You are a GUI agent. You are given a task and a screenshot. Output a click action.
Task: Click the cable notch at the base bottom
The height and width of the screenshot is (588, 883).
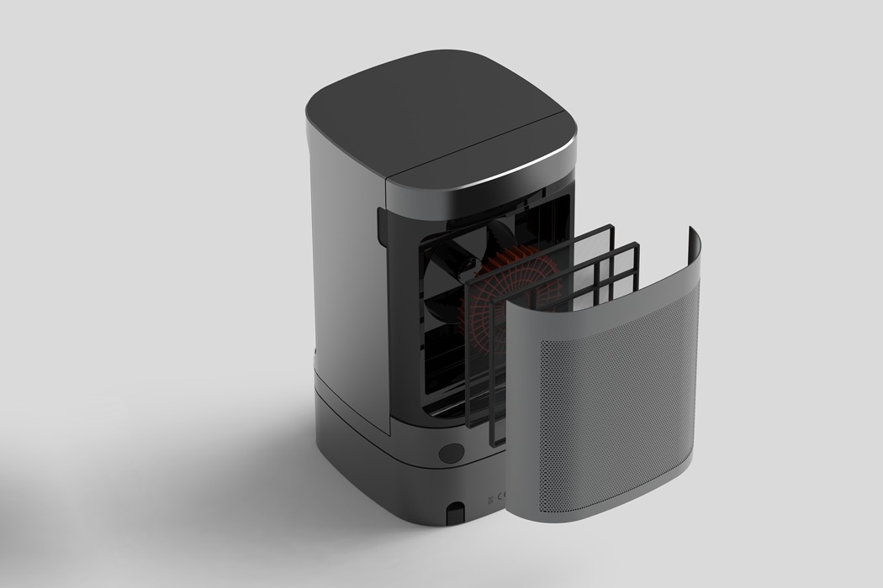456,511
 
